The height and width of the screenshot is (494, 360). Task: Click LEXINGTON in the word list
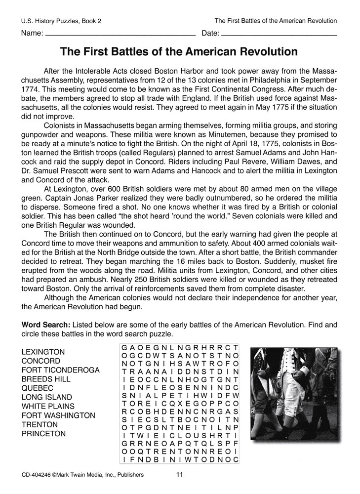coord(43,352)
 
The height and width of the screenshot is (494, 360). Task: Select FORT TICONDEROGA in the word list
coord(61,370)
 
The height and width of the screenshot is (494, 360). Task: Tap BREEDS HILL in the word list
coord(46,379)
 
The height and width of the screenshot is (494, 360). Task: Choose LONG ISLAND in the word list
coord(47,397)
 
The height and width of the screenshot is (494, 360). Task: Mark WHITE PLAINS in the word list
coord(48,406)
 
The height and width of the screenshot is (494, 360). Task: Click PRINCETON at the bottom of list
coord(44,434)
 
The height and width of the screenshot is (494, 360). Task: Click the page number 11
coord(179,475)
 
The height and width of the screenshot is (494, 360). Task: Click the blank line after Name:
coord(120,36)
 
